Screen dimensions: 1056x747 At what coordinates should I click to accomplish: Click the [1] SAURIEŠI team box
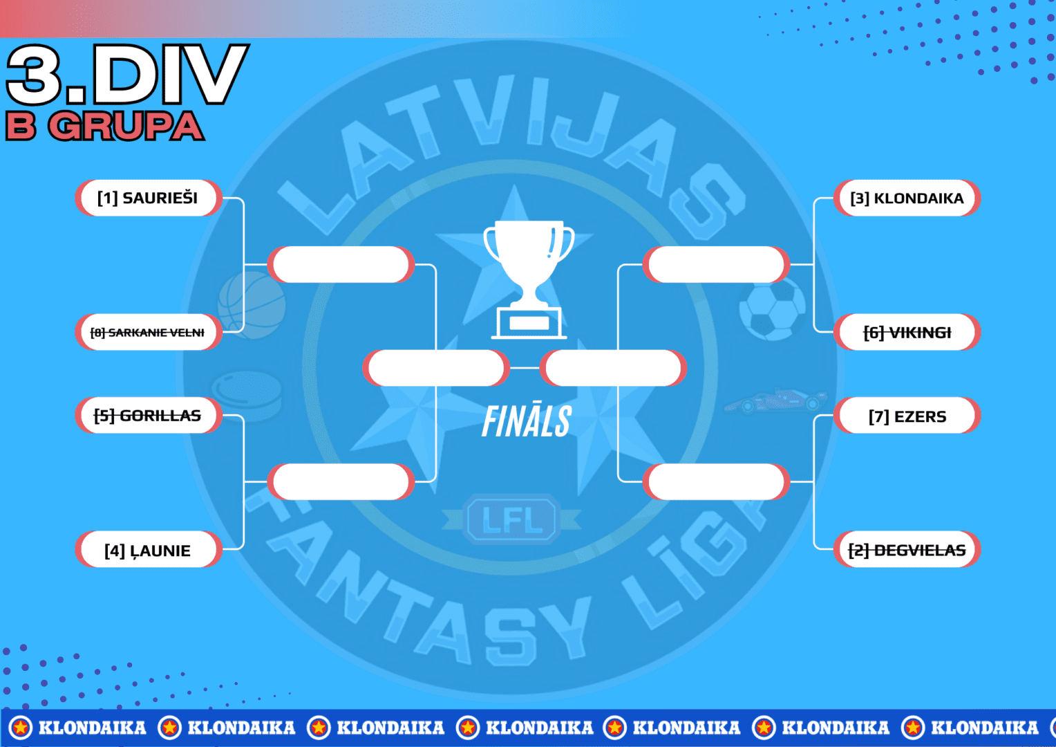[x=149, y=198]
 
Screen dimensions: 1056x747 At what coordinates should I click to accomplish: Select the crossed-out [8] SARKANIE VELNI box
[x=149, y=332]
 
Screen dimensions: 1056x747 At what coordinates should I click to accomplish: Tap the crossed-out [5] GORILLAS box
[x=149, y=415]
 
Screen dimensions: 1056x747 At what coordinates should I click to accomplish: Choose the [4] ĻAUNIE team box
[x=149, y=549]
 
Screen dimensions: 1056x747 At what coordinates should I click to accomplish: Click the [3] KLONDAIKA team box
[x=907, y=198]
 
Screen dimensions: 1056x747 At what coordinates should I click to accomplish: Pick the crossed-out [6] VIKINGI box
[x=907, y=332]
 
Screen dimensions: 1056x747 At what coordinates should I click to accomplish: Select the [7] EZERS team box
[x=907, y=415]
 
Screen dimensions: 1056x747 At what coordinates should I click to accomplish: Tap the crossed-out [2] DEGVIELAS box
[x=907, y=549]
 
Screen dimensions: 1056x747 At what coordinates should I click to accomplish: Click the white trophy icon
[x=529, y=279]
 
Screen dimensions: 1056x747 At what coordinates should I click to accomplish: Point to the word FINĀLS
[x=527, y=421]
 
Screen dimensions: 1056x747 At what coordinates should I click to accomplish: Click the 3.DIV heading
[x=126, y=74]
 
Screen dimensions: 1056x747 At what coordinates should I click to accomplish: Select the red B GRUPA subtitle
[x=104, y=126]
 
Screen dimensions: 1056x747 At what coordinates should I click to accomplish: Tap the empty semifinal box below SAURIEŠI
[x=341, y=265]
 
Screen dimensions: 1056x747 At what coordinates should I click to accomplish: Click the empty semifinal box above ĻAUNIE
[x=341, y=482]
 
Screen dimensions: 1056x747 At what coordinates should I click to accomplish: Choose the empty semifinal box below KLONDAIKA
[x=716, y=265]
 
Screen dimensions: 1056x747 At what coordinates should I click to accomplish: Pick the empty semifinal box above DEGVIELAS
[x=716, y=482]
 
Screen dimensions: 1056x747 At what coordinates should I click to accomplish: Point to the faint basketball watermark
[x=252, y=305]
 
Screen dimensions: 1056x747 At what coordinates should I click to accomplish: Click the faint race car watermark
[x=775, y=400]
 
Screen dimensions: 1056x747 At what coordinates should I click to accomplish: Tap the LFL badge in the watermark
[x=511, y=519]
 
